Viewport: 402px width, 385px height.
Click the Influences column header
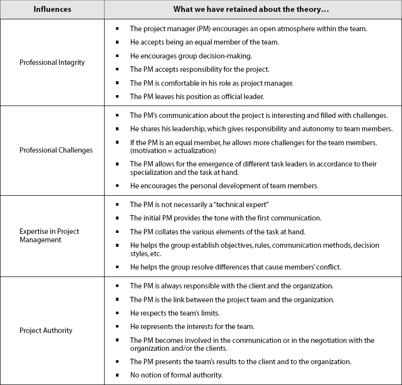point(52,9)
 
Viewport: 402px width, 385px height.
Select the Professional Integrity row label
point(52,62)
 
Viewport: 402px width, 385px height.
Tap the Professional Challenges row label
point(56,150)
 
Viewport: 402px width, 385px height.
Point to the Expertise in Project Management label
point(49,236)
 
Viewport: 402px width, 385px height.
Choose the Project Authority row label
point(46,330)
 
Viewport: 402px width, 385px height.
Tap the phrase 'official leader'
point(240,97)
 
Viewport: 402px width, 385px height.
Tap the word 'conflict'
point(329,267)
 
